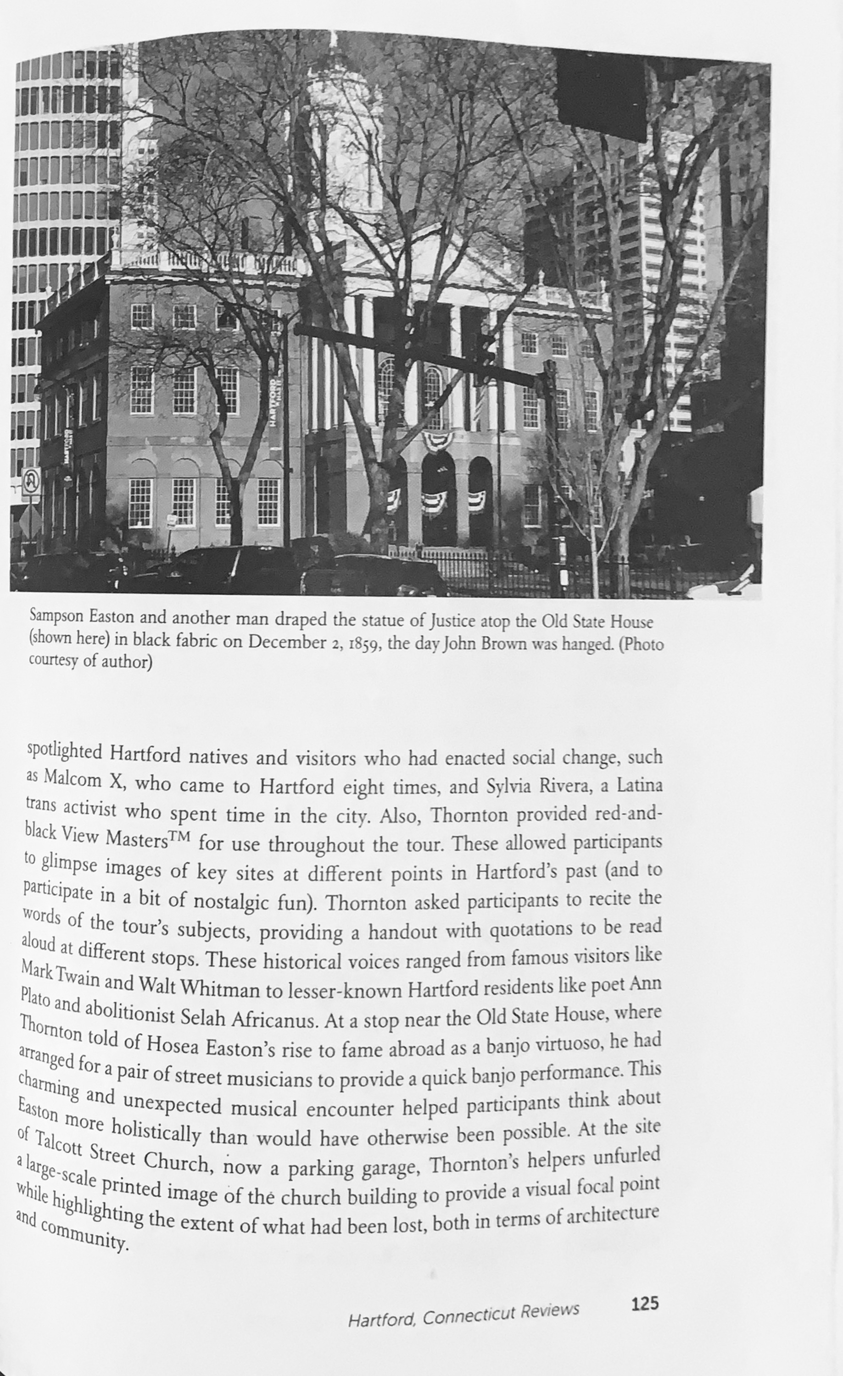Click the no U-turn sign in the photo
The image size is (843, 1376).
coord(31,481)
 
